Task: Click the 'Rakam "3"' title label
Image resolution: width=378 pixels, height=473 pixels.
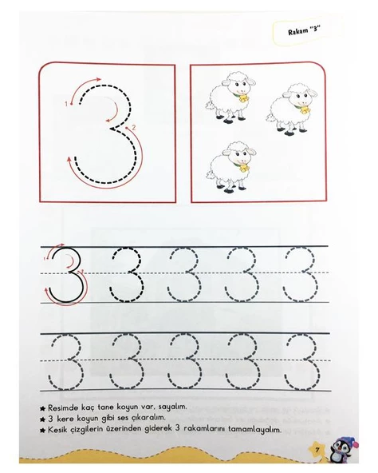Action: pyautogui.click(x=304, y=30)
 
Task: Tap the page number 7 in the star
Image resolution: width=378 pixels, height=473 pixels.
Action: pyautogui.click(x=317, y=450)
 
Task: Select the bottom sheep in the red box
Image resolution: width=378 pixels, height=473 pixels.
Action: pyautogui.click(x=231, y=167)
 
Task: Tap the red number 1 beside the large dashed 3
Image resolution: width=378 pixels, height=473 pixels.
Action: pyautogui.click(x=66, y=104)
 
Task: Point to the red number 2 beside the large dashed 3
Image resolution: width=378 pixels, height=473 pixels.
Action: pyautogui.click(x=134, y=127)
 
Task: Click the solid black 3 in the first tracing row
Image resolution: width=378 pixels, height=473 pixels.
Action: pyautogui.click(x=67, y=275)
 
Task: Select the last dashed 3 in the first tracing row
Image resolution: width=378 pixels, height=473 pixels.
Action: pyautogui.click(x=301, y=275)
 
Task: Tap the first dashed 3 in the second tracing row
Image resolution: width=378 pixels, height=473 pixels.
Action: pyautogui.click(x=65, y=362)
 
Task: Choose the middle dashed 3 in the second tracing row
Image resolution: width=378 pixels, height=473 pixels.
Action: pyautogui.click(x=184, y=362)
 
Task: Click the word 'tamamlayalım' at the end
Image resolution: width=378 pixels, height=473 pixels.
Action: pyautogui.click(x=254, y=430)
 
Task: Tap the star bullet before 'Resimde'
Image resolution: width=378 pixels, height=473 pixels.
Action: pyautogui.click(x=42, y=408)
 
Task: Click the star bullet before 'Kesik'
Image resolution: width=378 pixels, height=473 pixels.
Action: pyautogui.click(x=42, y=430)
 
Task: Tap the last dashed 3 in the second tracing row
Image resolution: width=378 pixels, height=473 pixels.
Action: pyautogui.click(x=301, y=362)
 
